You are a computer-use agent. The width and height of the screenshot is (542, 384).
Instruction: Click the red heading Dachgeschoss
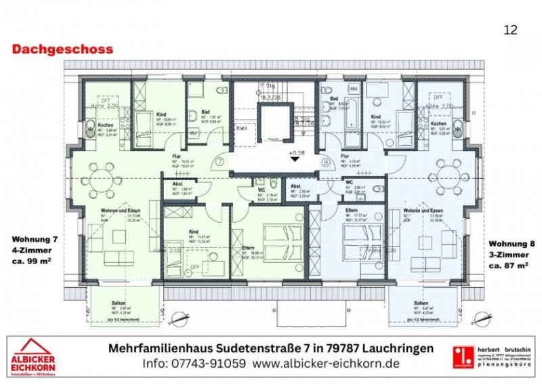[x=62, y=49]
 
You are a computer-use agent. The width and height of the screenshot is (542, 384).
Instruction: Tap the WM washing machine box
[x=354, y=89]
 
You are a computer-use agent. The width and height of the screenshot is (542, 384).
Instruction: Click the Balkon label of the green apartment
[x=119, y=303]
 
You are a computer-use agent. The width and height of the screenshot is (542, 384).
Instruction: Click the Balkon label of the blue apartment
[x=421, y=303]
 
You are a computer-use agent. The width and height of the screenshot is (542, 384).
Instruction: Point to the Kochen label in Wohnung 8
[x=438, y=124]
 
